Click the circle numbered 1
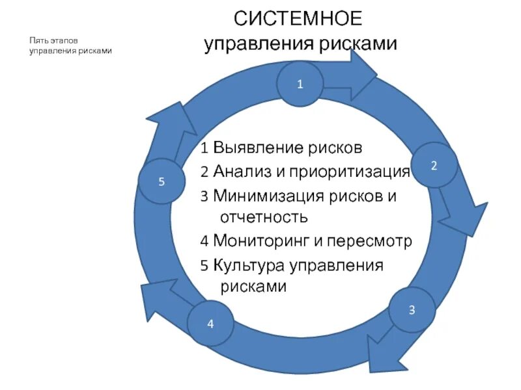coord(300,83)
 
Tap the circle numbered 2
coord(433,165)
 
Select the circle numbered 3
coord(412,309)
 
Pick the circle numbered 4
coord(210,323)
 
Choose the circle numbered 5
coord(162,181)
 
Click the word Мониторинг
coord(260,241)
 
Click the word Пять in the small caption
coord(38,40)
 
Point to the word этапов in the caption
coord(64,40)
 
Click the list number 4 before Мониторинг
coord(204,241)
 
